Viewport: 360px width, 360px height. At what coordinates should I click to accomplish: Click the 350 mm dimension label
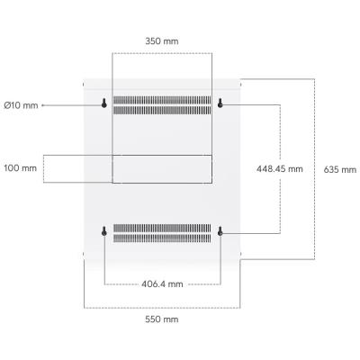point(162,41)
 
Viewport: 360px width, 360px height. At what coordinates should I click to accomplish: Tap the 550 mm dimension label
point(162,319)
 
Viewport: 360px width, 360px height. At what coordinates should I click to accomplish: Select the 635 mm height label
point(340,169)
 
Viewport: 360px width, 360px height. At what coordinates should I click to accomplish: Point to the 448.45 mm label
point(280,169)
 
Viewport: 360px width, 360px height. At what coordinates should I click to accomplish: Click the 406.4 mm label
point(162,283)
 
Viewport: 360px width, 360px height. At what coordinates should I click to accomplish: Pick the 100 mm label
point(21,168)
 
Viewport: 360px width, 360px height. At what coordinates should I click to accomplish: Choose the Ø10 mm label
point(21,105)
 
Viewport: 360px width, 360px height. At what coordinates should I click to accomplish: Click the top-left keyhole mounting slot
point(104,103)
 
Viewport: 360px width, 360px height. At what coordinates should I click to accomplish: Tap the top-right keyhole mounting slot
point(220,103)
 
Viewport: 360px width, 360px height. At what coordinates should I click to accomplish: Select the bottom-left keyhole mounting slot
point(104,231)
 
